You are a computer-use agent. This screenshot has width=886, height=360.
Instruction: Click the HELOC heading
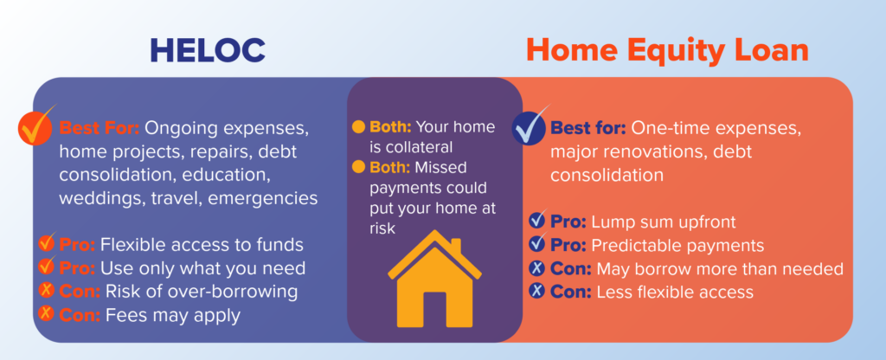pyautogui.click(x=208, y=51)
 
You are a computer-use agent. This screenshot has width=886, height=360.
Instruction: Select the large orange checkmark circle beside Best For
pyautogui.click(x=36, y=126)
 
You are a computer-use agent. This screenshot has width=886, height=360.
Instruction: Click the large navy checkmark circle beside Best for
pyautogui.click(x=529, y=126)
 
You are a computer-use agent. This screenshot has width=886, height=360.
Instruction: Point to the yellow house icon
pyautogui.click(x=434, y=279)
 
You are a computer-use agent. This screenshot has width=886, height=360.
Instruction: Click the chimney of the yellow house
pyautogui.click(x=455, y=247)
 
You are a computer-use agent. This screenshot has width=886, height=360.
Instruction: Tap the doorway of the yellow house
pyautogui.click(x=434, y=310)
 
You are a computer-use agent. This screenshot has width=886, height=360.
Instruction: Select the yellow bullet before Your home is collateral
pyautogui.click(x=358, y=126)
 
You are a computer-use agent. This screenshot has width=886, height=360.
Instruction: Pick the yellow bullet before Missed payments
pyautogui.click(x=358, y=167)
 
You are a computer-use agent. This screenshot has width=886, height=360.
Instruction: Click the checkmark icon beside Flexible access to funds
pyautogui.click(x=47, y=243)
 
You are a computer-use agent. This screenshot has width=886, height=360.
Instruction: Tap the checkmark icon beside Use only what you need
pyautogui.click(x=47, y=267)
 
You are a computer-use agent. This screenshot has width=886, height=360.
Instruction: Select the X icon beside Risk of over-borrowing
pyautogui.click(x=47, y=291)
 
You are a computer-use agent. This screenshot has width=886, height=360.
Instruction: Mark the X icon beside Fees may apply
pyautogui.click(x=47, y=313)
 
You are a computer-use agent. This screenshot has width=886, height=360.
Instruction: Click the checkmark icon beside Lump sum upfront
pyautogui.click(x=538, y=220)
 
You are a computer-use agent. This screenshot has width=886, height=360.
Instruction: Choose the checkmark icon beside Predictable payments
pyautogui.click(x=538, y=243)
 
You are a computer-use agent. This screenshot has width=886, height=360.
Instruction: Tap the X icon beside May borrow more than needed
pyautogui.click(x=537, y=268)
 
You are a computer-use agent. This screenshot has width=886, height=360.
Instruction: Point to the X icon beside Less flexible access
pyautogui.click(x=537, y=291)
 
